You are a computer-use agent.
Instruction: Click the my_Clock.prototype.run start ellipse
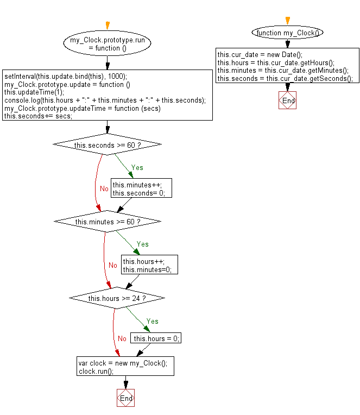107,43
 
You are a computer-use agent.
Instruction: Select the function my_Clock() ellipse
287,33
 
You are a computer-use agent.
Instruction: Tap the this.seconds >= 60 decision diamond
107,144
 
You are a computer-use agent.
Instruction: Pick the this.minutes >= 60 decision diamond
107,221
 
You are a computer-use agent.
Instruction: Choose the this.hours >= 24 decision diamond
117,298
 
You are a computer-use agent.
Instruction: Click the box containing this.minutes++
141,188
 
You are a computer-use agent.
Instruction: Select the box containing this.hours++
149,265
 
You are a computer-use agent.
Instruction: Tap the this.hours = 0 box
156,338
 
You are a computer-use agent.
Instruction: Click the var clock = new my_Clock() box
125,366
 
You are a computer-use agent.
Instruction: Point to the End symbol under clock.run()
125,398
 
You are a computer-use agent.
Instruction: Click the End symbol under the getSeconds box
288,100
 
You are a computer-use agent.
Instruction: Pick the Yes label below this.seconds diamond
137,167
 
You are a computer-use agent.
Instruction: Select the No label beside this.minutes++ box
104,188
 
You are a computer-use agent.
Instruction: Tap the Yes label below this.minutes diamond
143,244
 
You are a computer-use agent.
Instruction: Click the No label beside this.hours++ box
113,265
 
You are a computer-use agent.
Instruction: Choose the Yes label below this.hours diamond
153,321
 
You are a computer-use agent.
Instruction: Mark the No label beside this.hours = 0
122,338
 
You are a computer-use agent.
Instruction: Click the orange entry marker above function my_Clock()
288,21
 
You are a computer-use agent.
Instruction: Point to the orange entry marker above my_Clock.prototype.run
108,25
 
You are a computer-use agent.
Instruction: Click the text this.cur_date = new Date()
260,55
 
